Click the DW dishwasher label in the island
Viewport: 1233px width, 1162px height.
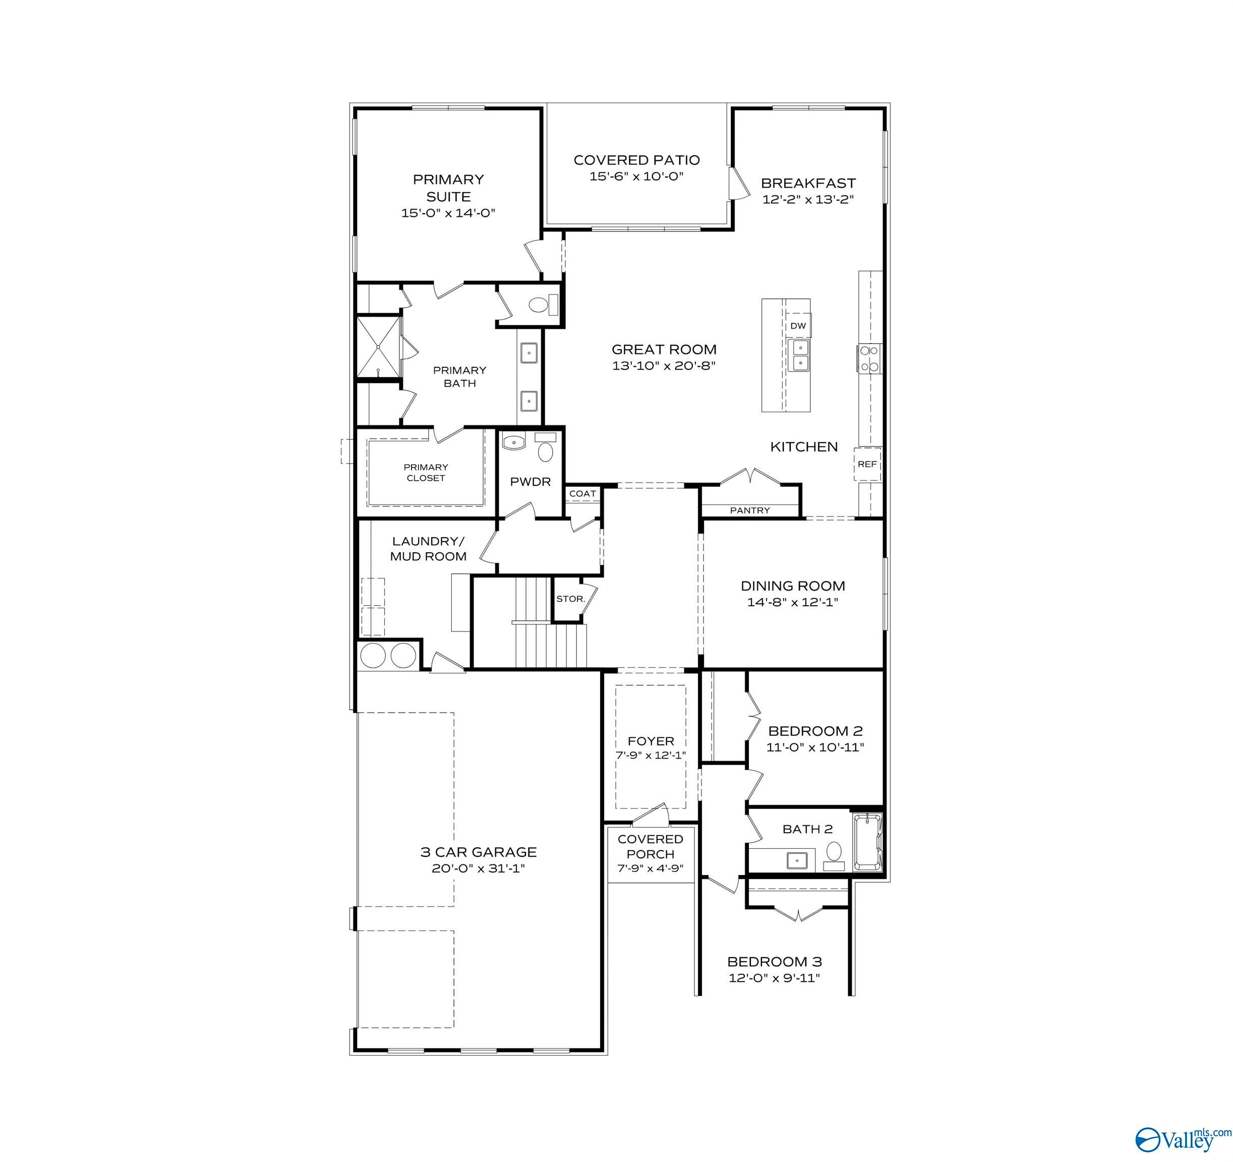(798, 326)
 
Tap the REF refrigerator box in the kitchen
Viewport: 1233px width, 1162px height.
(867, 464)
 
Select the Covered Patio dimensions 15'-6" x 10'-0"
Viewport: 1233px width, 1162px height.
(636, 176)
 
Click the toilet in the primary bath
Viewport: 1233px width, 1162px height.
(539, 305)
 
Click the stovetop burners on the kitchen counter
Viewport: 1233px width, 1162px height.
(869, 359)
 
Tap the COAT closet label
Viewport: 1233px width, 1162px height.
(582, 494)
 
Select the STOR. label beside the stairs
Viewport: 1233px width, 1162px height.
(570, 599)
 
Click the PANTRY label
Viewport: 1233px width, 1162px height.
(750, 510)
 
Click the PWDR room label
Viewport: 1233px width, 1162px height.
(531, 482)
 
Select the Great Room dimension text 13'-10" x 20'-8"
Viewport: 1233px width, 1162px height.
(664, 366)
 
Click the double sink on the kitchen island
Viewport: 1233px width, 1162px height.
(799, 355)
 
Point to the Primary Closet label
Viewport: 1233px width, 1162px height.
(426, 472)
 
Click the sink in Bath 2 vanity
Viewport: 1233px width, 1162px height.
(796, 860)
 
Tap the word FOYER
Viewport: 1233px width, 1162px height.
(651, 741)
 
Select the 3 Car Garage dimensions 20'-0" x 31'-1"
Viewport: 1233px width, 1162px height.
(478, 868)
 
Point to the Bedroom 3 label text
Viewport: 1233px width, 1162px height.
(774, 962)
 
